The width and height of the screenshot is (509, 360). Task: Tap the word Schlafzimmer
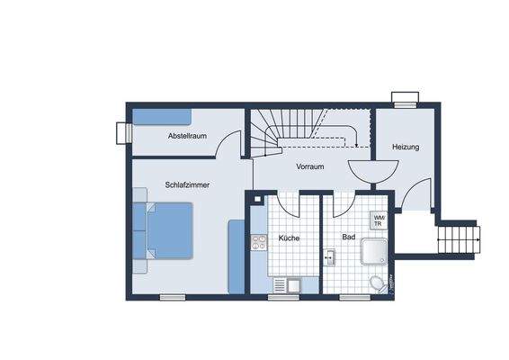click(x=187, y=185)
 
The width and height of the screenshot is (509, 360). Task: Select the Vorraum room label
click(x=310, y=166)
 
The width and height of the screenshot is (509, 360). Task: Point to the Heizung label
click(x=406, y=147)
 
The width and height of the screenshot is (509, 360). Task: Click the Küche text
click(x=289, y=238)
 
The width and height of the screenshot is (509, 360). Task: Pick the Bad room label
click(x=348, y=238)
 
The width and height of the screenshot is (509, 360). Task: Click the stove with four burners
click(x=259, y=242)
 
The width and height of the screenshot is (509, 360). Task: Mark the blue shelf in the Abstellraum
click(x=163, y=117)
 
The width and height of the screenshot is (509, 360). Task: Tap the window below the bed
click(x=173, y=297)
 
